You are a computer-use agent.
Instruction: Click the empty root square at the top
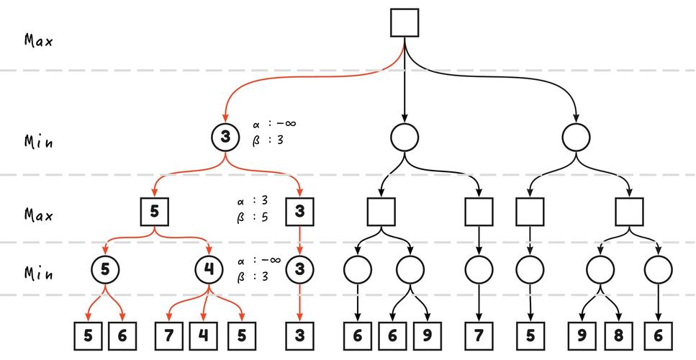click(405, 22)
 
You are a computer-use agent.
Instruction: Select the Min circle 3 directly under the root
click(226, 136)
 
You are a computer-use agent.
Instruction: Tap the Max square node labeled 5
click(155, 212)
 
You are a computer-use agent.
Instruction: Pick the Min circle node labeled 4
click(209, 270)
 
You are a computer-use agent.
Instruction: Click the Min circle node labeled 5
click(105, 270)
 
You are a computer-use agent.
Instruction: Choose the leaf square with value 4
click(204, 336)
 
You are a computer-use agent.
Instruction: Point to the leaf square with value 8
click(618, 336)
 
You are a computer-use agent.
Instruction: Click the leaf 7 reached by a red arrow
click(169, 336)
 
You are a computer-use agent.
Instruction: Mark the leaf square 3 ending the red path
click(299, 336)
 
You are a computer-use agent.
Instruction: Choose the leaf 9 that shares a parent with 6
click(427, 336)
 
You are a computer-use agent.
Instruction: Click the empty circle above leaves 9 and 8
click(600, 270)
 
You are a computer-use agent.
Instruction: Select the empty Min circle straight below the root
click(405, 136)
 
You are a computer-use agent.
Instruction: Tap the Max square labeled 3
click(299, 212)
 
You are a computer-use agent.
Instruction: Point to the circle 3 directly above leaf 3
click(299, 270)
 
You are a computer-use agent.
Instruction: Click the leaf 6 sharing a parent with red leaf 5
click(122, 336)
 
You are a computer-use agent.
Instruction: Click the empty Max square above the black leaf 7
click(479, 212)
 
